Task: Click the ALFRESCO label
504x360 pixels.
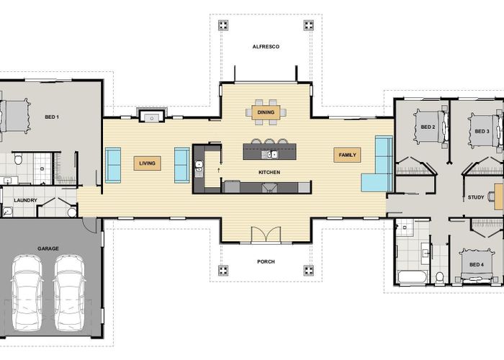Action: (266, 47)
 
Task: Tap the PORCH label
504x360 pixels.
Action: (266, 261)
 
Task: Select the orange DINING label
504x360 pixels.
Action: (266, 112)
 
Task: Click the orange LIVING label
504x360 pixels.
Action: (147, 163)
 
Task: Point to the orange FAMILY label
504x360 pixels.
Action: (347, 155)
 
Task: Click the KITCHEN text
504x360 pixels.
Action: (269, 172)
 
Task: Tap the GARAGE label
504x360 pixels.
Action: (48, 248)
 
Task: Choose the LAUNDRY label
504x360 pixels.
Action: (26, 200)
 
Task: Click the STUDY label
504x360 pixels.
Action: (476, 197)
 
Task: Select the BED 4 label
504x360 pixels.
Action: (477, 264)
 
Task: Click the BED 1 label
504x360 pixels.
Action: (52, 117)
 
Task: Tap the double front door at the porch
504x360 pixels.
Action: (266, 235)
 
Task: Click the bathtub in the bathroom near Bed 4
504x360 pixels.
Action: (413, 277)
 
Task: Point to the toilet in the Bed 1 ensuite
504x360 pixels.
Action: (18, 158)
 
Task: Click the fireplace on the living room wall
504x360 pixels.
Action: (152, 116)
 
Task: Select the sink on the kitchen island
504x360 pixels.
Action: (269, 155)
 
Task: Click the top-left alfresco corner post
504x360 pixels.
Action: (223, 25)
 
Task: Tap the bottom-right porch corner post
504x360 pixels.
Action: (309, 270)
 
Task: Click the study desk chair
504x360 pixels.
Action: (491, 196)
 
